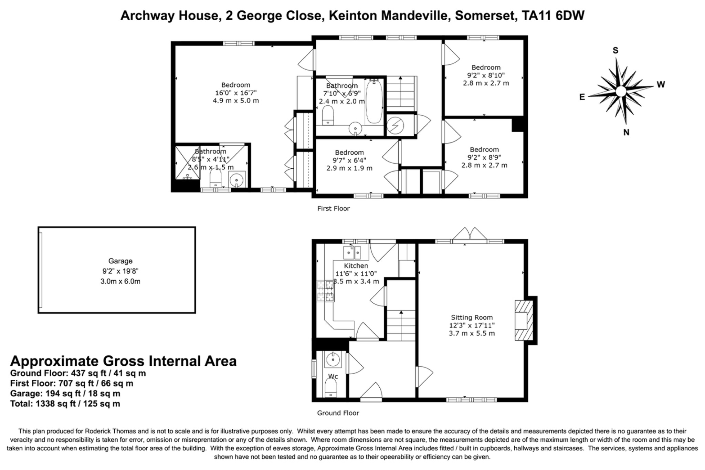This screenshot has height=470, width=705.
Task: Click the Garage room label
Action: click(120, 261)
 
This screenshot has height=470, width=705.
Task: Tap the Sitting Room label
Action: click(472, 317)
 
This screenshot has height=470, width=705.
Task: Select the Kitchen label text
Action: click(356, 266)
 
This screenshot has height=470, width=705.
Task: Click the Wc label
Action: click(333, 376)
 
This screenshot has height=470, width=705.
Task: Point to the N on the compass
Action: click(626, 132)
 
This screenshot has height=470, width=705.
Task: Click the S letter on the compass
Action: click(615, 51)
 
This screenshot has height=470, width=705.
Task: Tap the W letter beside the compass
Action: click(661, 84)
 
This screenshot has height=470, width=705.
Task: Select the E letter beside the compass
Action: click(582, 97)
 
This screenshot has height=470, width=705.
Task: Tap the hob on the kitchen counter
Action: click(326, 291)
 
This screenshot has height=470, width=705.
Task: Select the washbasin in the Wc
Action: click(333, 360)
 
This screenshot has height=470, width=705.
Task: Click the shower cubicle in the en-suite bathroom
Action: click(187, 163)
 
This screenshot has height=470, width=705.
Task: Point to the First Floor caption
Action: click(333, 208)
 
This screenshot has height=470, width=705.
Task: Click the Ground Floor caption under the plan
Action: click(338, 413)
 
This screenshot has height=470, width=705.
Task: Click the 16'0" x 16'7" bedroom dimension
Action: click(236, 93)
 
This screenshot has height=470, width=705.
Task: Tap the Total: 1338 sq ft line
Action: click(65, 404)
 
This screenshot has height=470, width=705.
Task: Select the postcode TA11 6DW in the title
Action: click(553, 16)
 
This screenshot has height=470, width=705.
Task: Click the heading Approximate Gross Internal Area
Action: click(123, 361)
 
